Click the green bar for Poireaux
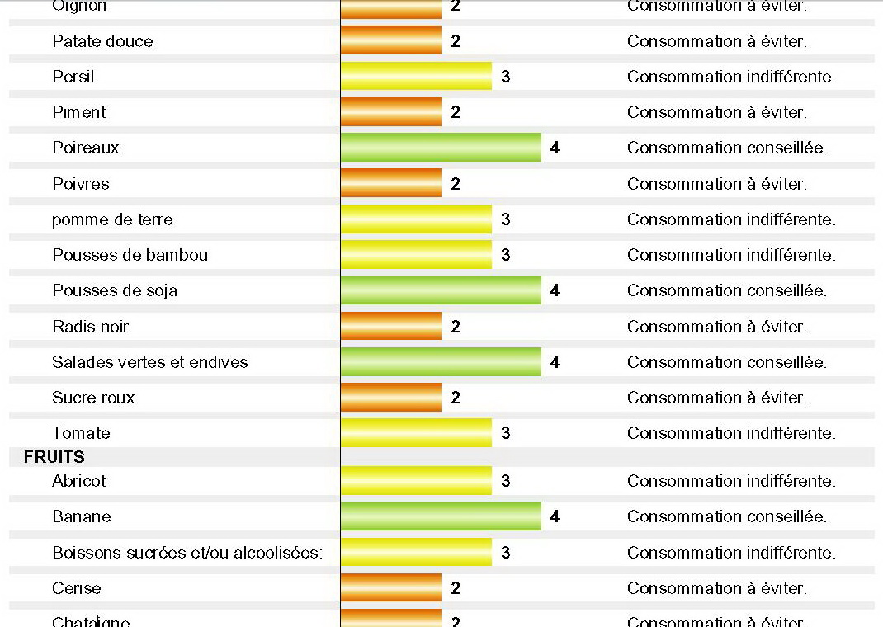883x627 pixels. coord(441,148)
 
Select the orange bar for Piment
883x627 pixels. coord(391,112)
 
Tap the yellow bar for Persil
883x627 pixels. coord(416,77)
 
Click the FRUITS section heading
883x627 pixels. coord(54,457)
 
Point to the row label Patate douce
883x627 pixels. coord(102,41)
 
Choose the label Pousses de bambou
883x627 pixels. coord(130,255)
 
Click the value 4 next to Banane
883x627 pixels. coord(555,516)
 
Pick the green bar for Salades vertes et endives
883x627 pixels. coord(441,362)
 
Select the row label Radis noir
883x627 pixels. coord(91,327)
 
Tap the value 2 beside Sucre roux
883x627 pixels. coord(456,398)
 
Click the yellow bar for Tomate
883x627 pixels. coord(416,433)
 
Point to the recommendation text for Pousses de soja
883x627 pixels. coord(727,290)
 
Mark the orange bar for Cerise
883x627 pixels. coord(391,588)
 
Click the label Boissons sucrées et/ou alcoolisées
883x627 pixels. coord(187,553)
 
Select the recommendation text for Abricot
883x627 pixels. coord(731,481)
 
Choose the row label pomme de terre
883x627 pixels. coord(112,219)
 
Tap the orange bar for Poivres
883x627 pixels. coord(391,184)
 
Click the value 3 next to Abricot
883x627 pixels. coord(505,481)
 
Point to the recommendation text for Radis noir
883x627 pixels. coord(717,327)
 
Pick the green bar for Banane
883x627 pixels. coord(441,516)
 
